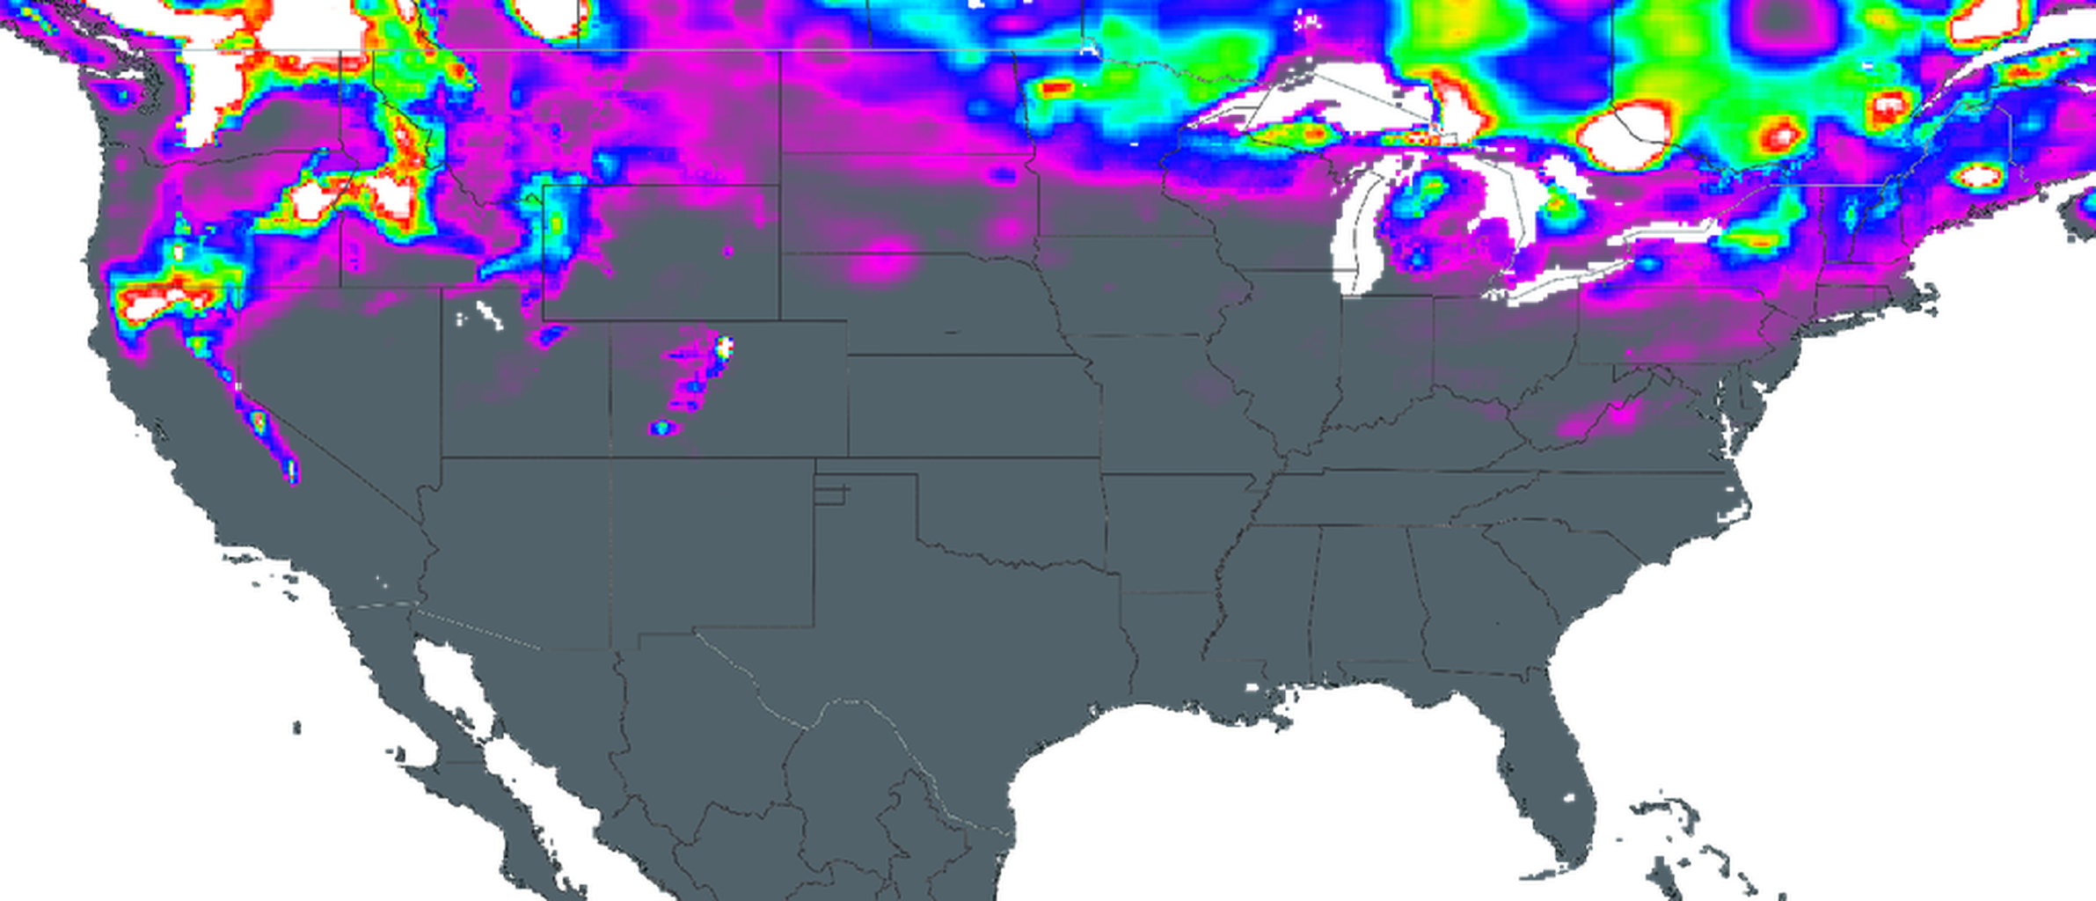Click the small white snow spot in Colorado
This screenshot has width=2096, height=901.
pos(724,347)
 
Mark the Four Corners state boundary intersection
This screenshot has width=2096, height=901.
pos(611,457)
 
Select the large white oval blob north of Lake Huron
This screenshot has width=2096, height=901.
pos(1624,137)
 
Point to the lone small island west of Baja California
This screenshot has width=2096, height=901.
pos(296,728)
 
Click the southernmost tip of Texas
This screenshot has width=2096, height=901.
pos(1011,834)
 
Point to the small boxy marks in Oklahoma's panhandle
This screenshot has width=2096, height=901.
pos(829,494)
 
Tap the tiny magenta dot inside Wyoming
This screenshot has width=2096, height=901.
pos(728,253)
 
